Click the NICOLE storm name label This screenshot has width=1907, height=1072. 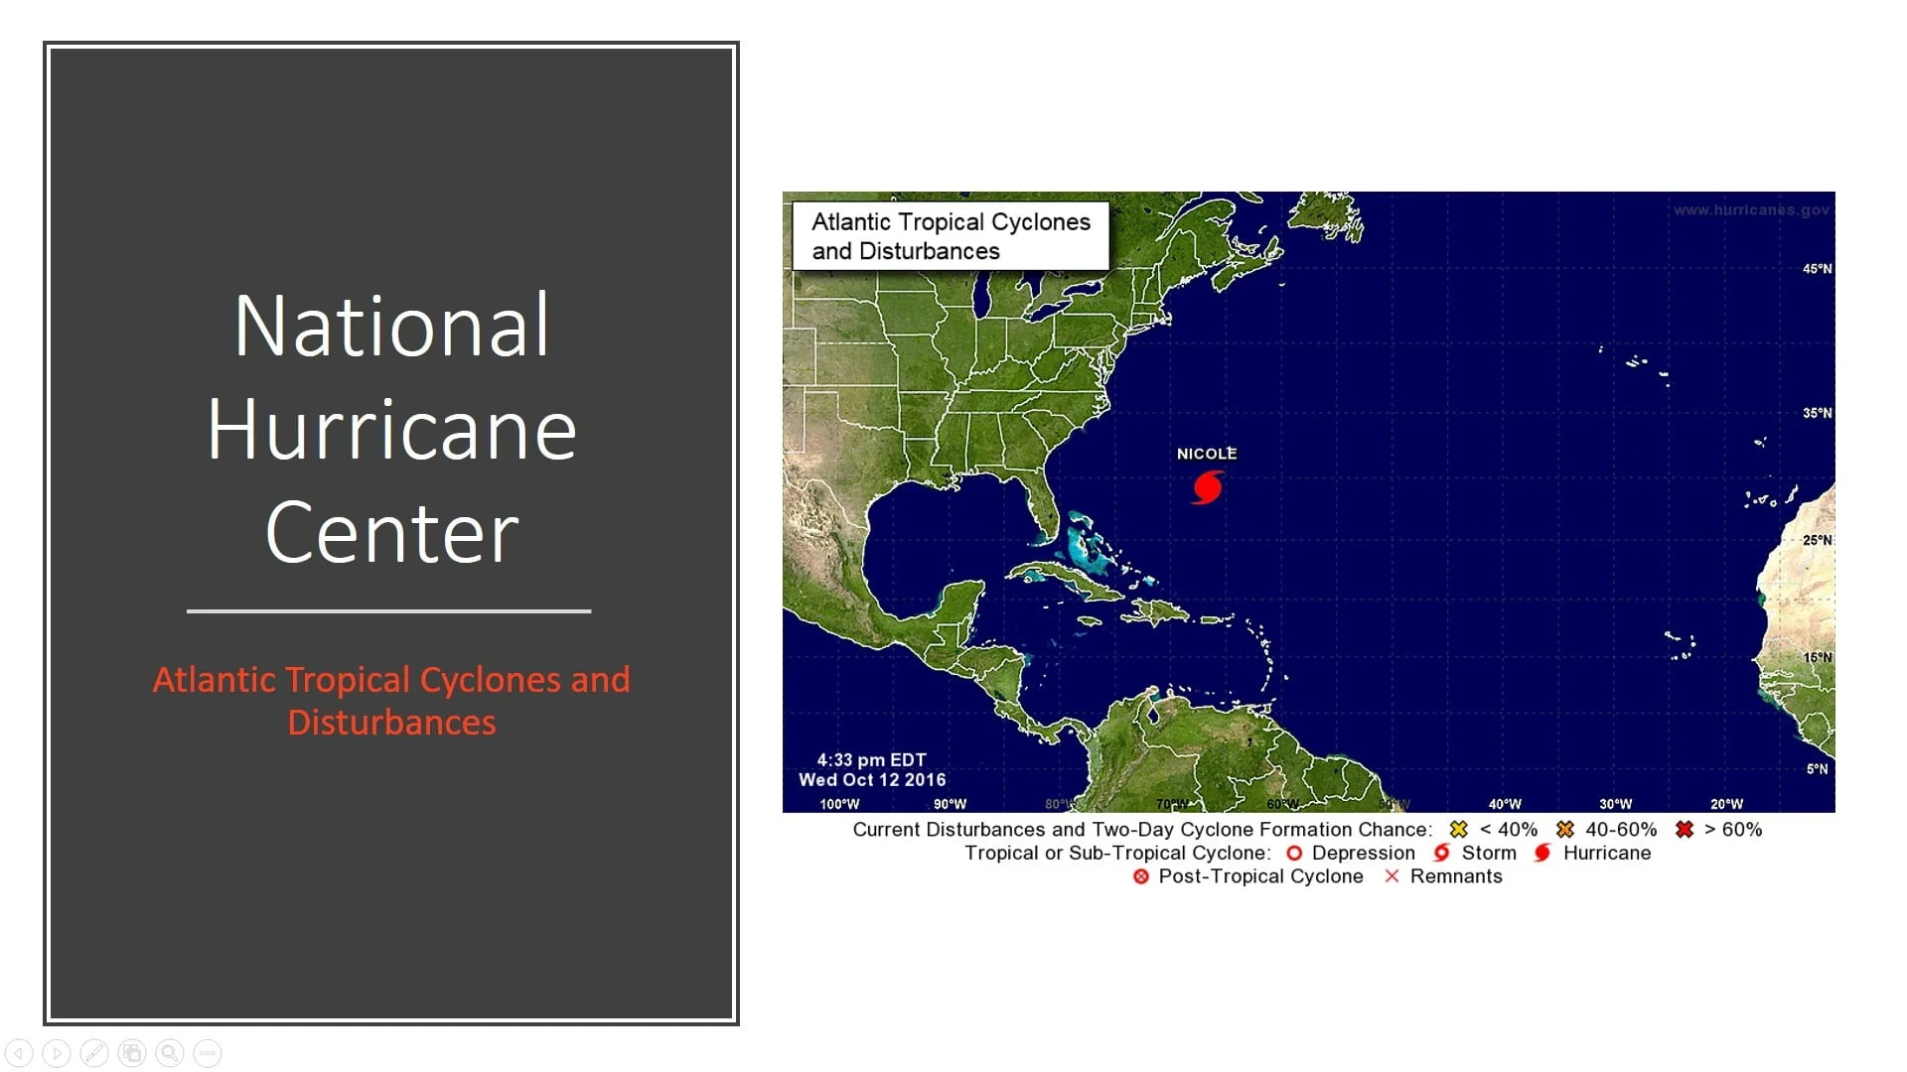click(x=1207, y=454)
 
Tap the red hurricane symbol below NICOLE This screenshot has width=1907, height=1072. click(x=1207, y=487)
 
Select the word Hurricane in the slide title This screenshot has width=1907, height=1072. click(x=391, y=430)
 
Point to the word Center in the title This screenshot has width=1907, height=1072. click(x=391, y=533)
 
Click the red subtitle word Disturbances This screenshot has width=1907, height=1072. click(x=391, y=723)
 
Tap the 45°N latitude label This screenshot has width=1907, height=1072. click(x=1817, y=269)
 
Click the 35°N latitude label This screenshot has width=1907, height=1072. click(x=1817, y=413)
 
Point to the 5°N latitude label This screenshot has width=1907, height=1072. click(x=1817, y=769)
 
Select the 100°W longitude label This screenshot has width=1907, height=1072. click(x=839, y=804)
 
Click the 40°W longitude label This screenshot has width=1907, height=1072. click(x=1505, y=804)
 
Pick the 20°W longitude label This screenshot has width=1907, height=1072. click(x=1726, y=804)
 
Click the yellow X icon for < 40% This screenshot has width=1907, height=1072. click(x=1458, y=829)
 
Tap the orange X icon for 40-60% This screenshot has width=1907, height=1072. click(x=1565, y=829)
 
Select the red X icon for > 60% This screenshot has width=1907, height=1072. click(x=1685, y=829)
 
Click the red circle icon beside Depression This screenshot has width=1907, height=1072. click(x=1294, y=853)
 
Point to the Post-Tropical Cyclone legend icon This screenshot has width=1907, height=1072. click(x=1141, y=876)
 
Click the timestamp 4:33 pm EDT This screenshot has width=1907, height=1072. click(x=871, y=760)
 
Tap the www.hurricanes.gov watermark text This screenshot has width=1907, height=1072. click(x=1751, y=210)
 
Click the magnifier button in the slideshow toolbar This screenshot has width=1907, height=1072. click(x=170, y=1053)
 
